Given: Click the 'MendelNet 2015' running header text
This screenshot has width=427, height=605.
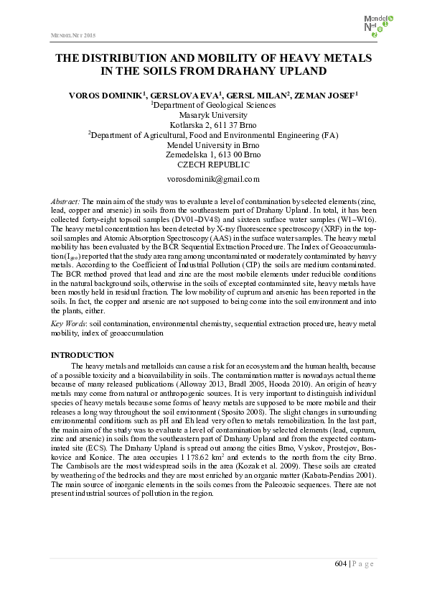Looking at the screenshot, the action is [x=72, y=35].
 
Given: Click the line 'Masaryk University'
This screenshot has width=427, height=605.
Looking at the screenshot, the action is [x=212, y=114].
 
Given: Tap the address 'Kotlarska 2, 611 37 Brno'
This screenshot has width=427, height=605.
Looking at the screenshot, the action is [x=212, y=124].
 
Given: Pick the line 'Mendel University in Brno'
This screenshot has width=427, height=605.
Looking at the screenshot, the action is [x=212, y=144].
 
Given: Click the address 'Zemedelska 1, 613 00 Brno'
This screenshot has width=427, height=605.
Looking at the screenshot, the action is [x=212, y=154].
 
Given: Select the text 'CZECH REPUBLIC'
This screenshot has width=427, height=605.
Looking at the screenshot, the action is [x=212, y=165].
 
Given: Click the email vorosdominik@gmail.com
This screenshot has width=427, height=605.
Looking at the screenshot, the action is [x=212, y=179].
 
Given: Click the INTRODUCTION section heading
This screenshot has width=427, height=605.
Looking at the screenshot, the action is [x=83, y=356].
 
